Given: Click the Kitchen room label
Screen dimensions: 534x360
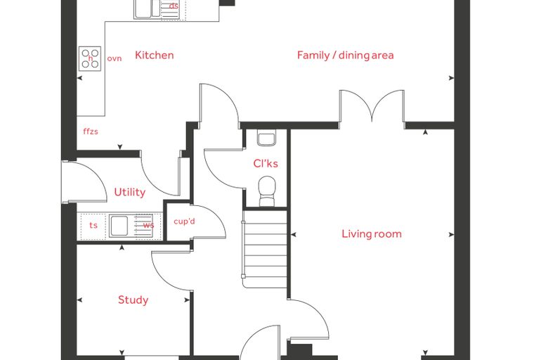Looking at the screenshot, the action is (155, 56).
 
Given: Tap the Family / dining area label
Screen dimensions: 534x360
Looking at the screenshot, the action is (345, 56).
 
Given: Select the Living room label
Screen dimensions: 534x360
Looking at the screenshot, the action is (372, 234).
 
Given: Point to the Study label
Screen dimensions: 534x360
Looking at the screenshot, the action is (133, 300).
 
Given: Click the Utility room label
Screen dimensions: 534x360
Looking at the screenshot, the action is (130, 192).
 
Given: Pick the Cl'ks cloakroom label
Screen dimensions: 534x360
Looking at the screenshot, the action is (266, 164).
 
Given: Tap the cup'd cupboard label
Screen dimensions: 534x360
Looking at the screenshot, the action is (184, 221).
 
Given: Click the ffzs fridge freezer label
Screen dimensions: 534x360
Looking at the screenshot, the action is (91, 131).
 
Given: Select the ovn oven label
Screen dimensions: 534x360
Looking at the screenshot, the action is (115, 58).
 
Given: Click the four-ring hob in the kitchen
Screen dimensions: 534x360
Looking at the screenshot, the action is (90, 58).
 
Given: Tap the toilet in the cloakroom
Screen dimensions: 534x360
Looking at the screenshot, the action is (267, 191).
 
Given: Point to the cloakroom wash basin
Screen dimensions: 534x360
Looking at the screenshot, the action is (266, 139).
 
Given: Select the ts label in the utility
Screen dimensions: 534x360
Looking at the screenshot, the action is (93, 225).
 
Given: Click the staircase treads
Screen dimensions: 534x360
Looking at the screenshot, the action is (265, 249).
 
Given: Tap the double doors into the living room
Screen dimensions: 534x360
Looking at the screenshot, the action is (372, 105).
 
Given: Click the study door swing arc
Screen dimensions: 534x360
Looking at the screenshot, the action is (167, 274).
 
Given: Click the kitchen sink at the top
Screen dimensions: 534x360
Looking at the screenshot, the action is (148, 8).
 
